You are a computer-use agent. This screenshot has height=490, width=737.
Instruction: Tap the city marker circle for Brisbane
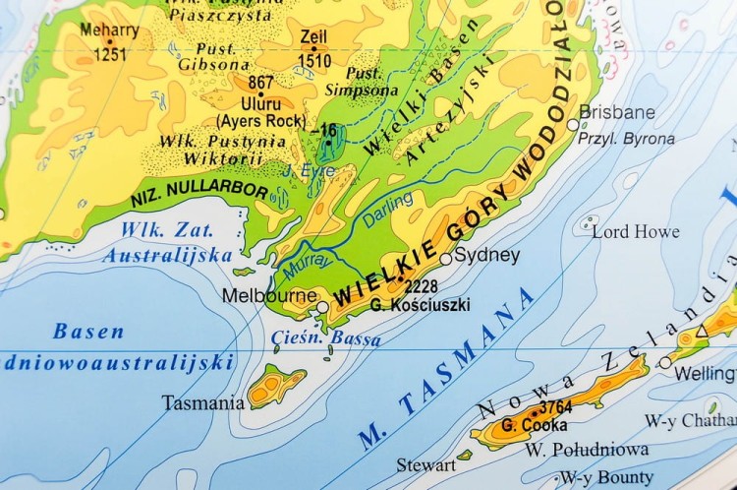point(574,124)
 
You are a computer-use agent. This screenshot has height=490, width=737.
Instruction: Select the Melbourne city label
point(269,295)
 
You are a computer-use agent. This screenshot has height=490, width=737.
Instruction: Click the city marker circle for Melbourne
point(322,307)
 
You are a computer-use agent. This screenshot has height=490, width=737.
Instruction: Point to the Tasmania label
point(203,402)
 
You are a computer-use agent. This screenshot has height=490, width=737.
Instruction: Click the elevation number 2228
point(421,286)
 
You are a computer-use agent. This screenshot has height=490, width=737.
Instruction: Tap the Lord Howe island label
point(635,231)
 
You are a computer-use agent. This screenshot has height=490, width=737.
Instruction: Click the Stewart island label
point(425,464)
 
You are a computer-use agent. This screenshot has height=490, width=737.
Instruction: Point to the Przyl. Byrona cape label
point(626,139)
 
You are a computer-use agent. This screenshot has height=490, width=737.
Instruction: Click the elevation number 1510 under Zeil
point(313,60)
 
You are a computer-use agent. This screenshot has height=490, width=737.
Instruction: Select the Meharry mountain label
point(109,31)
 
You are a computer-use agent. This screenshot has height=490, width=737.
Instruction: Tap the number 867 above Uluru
point(261,84)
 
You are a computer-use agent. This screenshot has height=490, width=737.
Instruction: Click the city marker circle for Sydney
point(446,259)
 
